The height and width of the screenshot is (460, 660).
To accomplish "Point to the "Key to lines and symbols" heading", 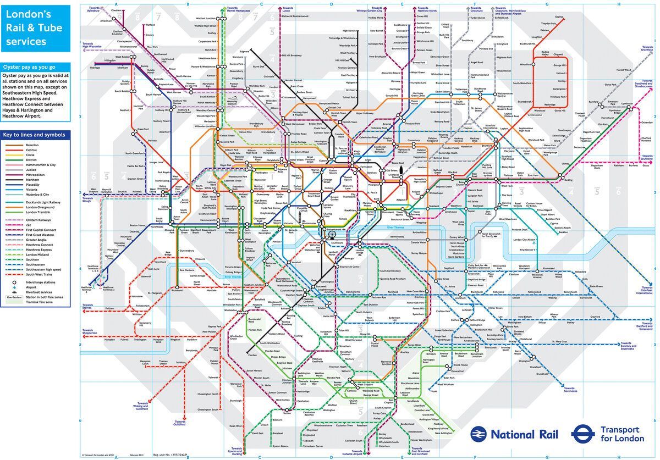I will point(34,135).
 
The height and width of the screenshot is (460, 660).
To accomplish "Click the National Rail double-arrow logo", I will point(478,434).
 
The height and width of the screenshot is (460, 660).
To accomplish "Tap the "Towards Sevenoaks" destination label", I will point(570,390).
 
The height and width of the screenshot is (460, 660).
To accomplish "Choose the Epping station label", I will point(559,16).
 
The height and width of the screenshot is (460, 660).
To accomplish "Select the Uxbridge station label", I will point(95,68).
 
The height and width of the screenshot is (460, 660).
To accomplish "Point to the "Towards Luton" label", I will point(288,10).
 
